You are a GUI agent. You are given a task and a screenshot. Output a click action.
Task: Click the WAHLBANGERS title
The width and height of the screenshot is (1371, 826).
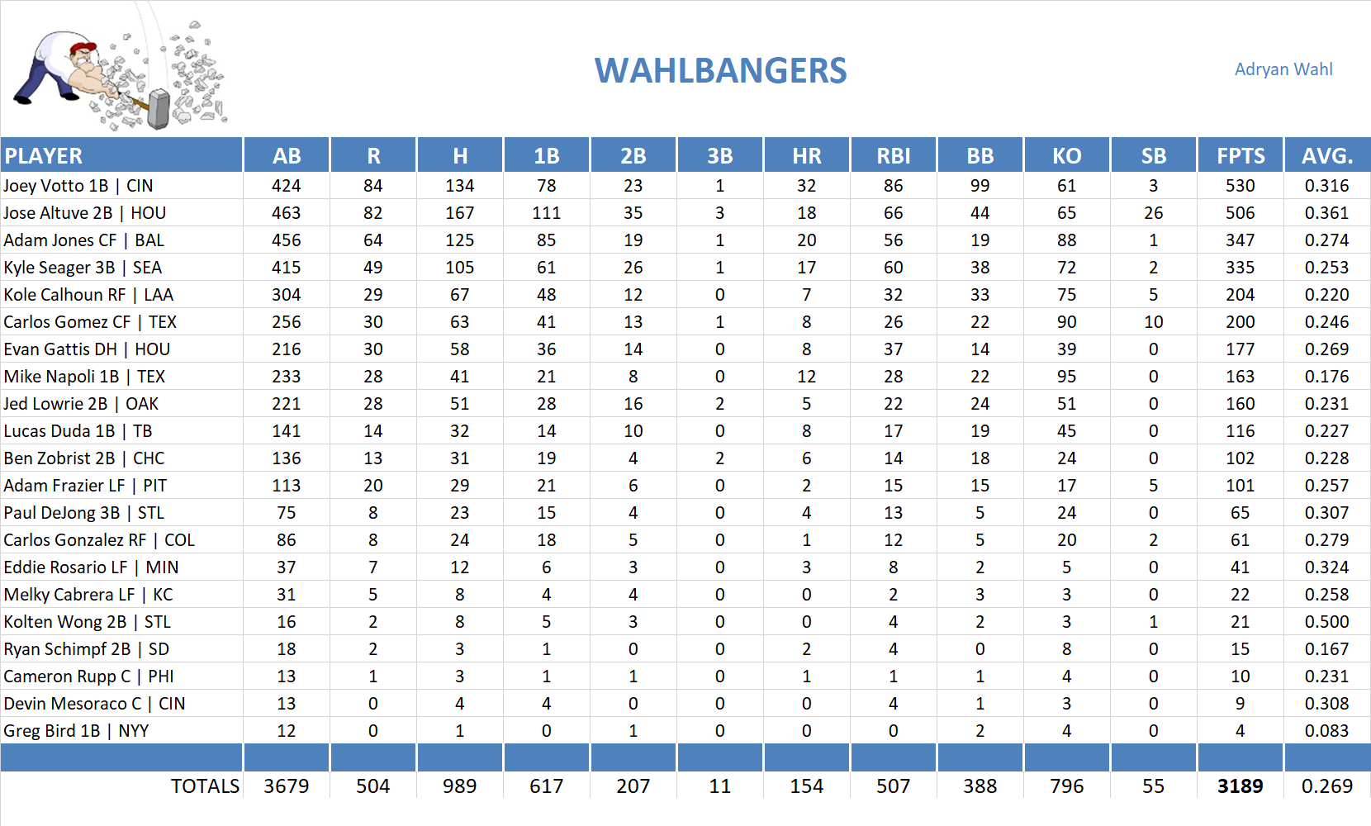[720, 71]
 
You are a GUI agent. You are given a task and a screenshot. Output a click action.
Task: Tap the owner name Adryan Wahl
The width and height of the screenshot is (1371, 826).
[1283, 69]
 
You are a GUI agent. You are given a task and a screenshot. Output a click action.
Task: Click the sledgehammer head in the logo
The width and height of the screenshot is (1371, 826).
[158, 109]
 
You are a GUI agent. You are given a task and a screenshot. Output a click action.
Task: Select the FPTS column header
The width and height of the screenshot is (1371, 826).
[1240, 156]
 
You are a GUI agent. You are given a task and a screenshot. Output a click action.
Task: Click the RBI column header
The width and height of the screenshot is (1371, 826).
[893, 156]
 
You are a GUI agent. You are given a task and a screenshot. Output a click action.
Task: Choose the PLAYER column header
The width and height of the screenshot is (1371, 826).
[44, 156]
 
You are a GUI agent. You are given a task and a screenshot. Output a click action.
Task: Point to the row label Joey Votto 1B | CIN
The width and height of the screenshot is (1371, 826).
[78, 186]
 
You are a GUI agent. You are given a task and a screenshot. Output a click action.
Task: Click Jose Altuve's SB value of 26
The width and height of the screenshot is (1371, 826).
[1153, 213]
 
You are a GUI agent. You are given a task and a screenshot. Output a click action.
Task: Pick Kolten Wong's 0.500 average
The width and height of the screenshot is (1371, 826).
[1326, 622]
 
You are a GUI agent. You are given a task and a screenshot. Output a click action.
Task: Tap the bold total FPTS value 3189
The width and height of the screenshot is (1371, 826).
[1240, 786]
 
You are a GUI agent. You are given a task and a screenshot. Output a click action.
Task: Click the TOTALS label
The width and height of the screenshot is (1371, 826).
[205, 786]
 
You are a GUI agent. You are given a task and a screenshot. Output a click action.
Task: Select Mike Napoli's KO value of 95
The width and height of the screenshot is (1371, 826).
[1066, 377]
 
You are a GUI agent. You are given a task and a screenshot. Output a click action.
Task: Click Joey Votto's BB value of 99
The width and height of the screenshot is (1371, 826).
[980, 186]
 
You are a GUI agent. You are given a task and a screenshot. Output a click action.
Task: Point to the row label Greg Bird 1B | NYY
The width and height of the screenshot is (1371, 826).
[76, 731]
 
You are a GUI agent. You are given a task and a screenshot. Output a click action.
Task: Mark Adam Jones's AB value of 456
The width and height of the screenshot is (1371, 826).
[286, 240]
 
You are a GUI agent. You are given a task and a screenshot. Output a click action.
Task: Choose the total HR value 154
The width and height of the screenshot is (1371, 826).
[806, 786]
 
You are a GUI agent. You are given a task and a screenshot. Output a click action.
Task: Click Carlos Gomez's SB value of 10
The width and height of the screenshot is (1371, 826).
[1153, 322]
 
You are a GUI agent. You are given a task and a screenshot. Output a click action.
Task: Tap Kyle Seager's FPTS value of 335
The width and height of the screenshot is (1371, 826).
[1240, 268]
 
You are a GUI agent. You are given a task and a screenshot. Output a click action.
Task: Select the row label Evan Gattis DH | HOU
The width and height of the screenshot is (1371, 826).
[87, 349]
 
